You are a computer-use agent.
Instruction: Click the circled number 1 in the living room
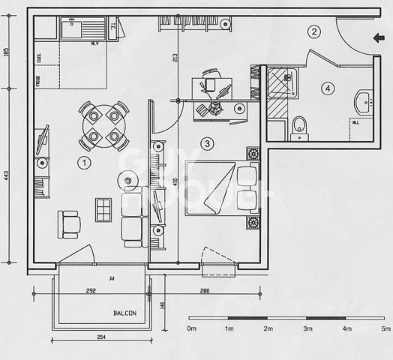pyautogui.click(x=84, y=162)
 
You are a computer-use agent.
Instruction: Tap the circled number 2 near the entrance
pyautogui.click(x=315, y=31)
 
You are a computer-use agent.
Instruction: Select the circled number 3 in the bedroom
pyautogui.click(x=208, y=142)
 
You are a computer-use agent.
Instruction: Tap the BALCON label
pyautogui.click(x=124, y=313)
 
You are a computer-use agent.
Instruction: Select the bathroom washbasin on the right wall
pyautogui.click(x=363, y=100)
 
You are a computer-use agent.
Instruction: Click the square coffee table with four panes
pyautogui.click(x=103, y=208)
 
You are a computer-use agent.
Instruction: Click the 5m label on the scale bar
pyautogui.click(x=385, y=329)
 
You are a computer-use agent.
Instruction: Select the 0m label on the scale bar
pyautogui.click(x=191, y=329)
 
